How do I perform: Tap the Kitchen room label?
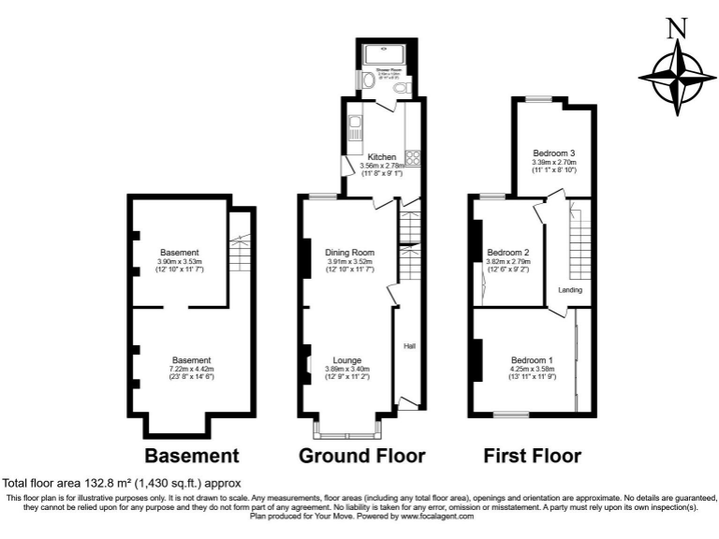pyautogui.click(x=381, y=156)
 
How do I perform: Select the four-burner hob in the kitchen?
pyautogui.click(x=411, y=155)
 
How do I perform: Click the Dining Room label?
pyautogui.click(x=349, y=253)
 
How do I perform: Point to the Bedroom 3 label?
pyautogui.click(x=553, y=153)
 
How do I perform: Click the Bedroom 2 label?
pyautogui.click(x=508, y=253)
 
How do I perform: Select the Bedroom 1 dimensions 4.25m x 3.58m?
pyautogui.click(x=531, y=370)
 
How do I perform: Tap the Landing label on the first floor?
pyautogui.click(x=570, y=290)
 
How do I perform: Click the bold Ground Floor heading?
pyautogui.click(x=361, y=457)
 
